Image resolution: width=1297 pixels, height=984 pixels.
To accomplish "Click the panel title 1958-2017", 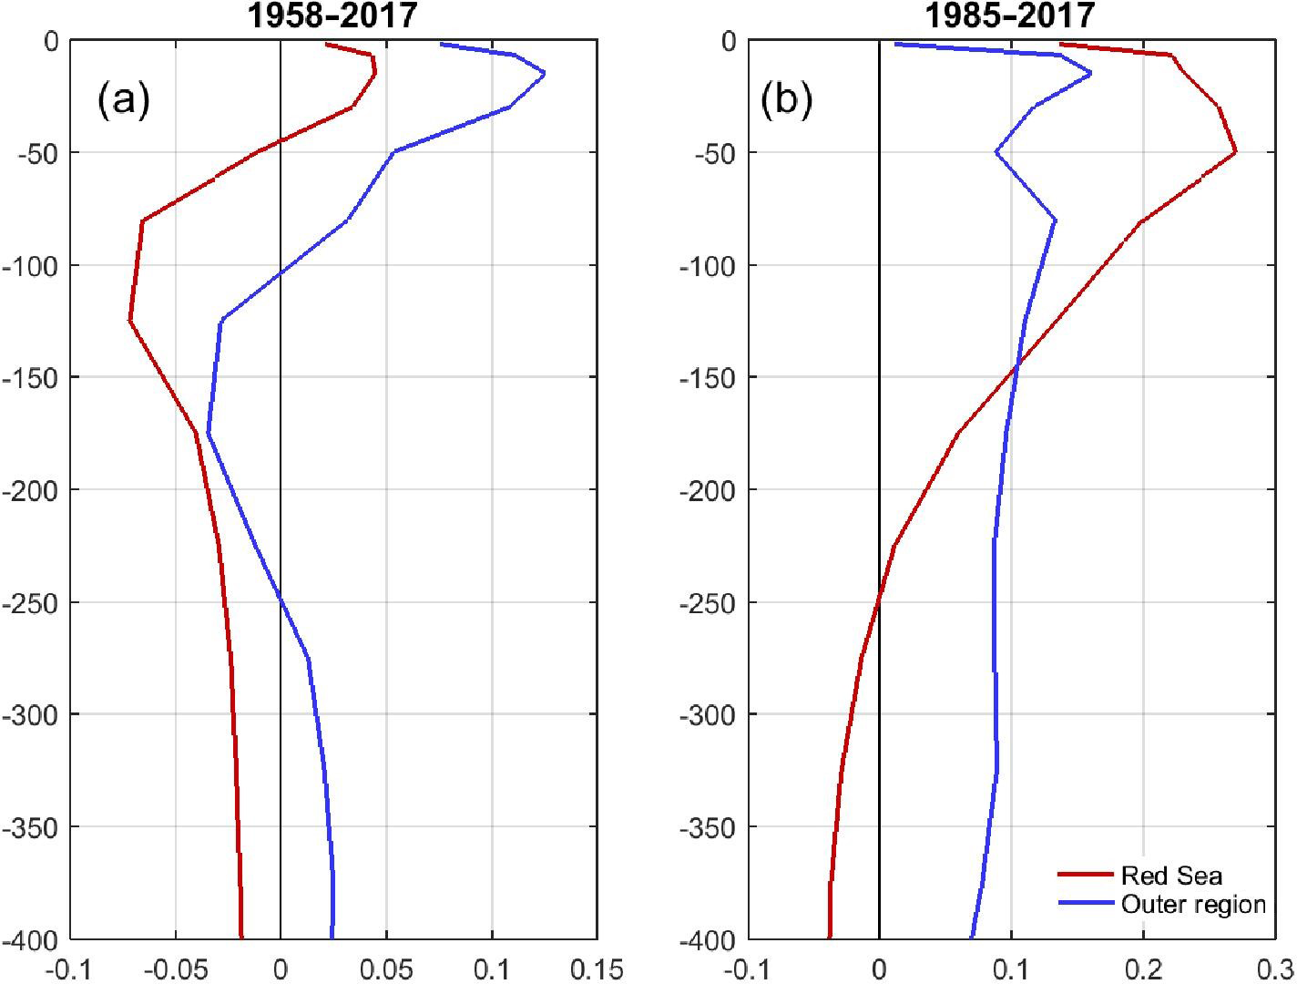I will click(x=333, y=15).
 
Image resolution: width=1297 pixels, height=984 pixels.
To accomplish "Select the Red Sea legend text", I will click(x=1171, y=876).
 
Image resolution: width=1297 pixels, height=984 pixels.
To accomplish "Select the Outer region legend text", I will click(x=1193, y=904).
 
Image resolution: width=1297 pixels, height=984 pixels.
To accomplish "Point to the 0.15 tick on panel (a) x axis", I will click(x=597, y=969).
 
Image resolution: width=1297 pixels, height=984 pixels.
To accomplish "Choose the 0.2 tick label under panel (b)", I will click(x=1143, y=969).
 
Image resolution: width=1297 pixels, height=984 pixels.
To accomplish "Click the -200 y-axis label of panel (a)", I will click(x=33, y=490).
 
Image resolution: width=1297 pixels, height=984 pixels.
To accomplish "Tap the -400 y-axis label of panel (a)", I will click(x=33, y=939).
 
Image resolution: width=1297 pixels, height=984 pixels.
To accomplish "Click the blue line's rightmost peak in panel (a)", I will click(x=545, y=74).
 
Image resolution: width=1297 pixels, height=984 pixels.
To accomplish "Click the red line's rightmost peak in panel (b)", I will click(x=1235, y=152).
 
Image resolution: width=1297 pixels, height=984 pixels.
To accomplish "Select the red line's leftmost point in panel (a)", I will click(x=130, y=321).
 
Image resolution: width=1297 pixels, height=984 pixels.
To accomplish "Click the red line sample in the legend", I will click(x=1086, y=876).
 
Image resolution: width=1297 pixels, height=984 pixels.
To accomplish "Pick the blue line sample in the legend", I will click(x=1086, y=904).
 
